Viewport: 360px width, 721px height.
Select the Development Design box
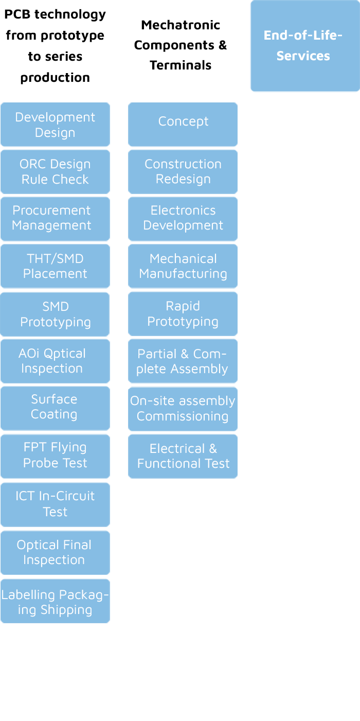click(55, 125)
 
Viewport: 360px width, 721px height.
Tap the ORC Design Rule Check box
click(55, 172)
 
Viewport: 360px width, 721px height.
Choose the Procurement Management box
click(55, 218)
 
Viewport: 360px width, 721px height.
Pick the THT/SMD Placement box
click(55, 266)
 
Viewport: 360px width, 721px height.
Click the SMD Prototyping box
click(55, 314)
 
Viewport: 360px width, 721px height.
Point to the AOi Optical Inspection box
click(55, 361)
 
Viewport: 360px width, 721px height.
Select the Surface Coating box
click(55, 407)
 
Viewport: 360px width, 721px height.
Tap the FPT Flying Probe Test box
click(55, 455)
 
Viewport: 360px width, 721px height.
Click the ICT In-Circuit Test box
click(55, 504)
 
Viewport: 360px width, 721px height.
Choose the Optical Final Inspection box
click(55, 552)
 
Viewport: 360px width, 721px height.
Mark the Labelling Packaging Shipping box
click(55, 602)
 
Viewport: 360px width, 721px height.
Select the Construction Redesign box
click(183, 171)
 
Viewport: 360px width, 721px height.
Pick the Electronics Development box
click(183, 218)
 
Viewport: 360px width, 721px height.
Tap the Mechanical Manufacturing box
click(183, 266)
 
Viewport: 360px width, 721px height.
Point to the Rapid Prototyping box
click(183, 314)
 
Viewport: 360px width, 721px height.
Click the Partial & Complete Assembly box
click(183, 361)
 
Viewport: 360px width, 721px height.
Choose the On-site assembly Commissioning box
click(183, 409)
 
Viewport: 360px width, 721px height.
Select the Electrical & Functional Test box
click(183, 456)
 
